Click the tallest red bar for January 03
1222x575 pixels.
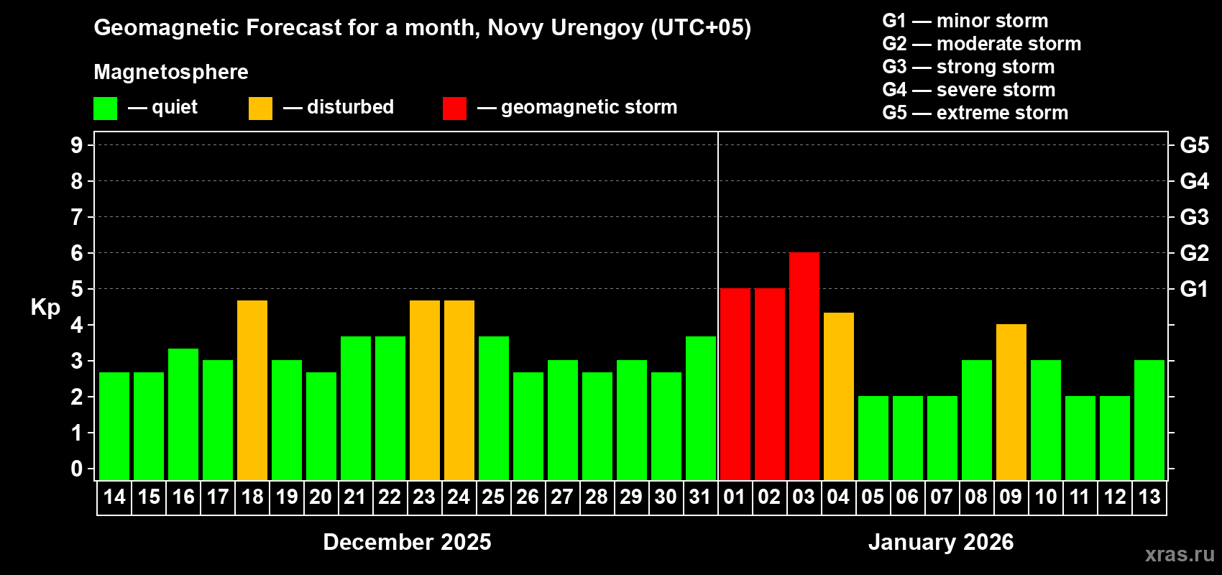(x=804, y=366)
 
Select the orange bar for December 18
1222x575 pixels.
(x=252, y=390)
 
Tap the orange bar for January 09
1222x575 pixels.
(x=1011, y=402)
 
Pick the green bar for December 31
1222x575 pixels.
(x=701, y=408)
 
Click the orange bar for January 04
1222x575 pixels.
(x=838, y=396)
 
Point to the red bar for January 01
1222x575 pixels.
(x=735, y=384)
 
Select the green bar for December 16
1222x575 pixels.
(x=183, y=414)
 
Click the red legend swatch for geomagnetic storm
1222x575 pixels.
(x=454, y=109)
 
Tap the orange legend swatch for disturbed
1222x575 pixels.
(x=260, y=109)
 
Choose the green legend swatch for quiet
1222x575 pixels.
(x=105, y=109)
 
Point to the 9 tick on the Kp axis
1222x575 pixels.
(x=77, y=145)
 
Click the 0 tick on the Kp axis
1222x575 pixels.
(x=77, y=469)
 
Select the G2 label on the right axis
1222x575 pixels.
(x=1194, y=253)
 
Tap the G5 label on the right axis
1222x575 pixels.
(x=1194, y=145)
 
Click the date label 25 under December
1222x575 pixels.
(x=493, y=497)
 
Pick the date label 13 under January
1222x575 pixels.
(x=1149, y=497)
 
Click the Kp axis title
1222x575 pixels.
(x=45, y=307)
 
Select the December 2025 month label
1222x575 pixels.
(x=407, y=542)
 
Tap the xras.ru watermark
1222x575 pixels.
(x=1179, y=554)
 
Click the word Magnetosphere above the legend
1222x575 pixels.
(x=171, y=72)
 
